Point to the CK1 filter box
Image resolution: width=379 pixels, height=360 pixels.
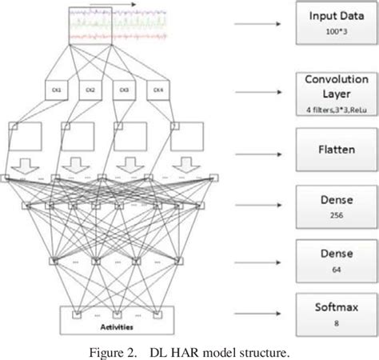click(47, 90)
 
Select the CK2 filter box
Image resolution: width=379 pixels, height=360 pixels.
click(89, 90)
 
